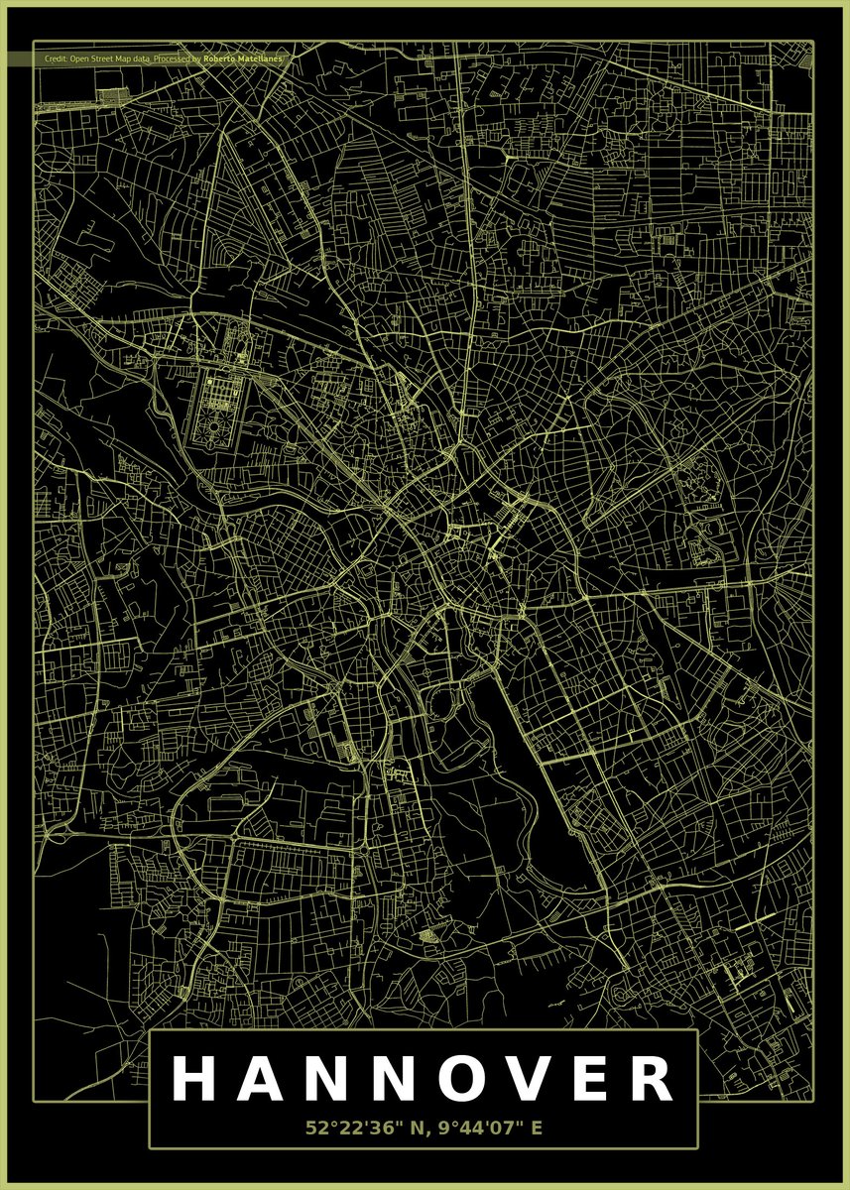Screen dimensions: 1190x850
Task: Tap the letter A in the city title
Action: [261, 1079]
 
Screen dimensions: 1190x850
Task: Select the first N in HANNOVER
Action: [328, 1079]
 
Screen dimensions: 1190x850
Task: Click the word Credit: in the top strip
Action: [56, 59]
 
